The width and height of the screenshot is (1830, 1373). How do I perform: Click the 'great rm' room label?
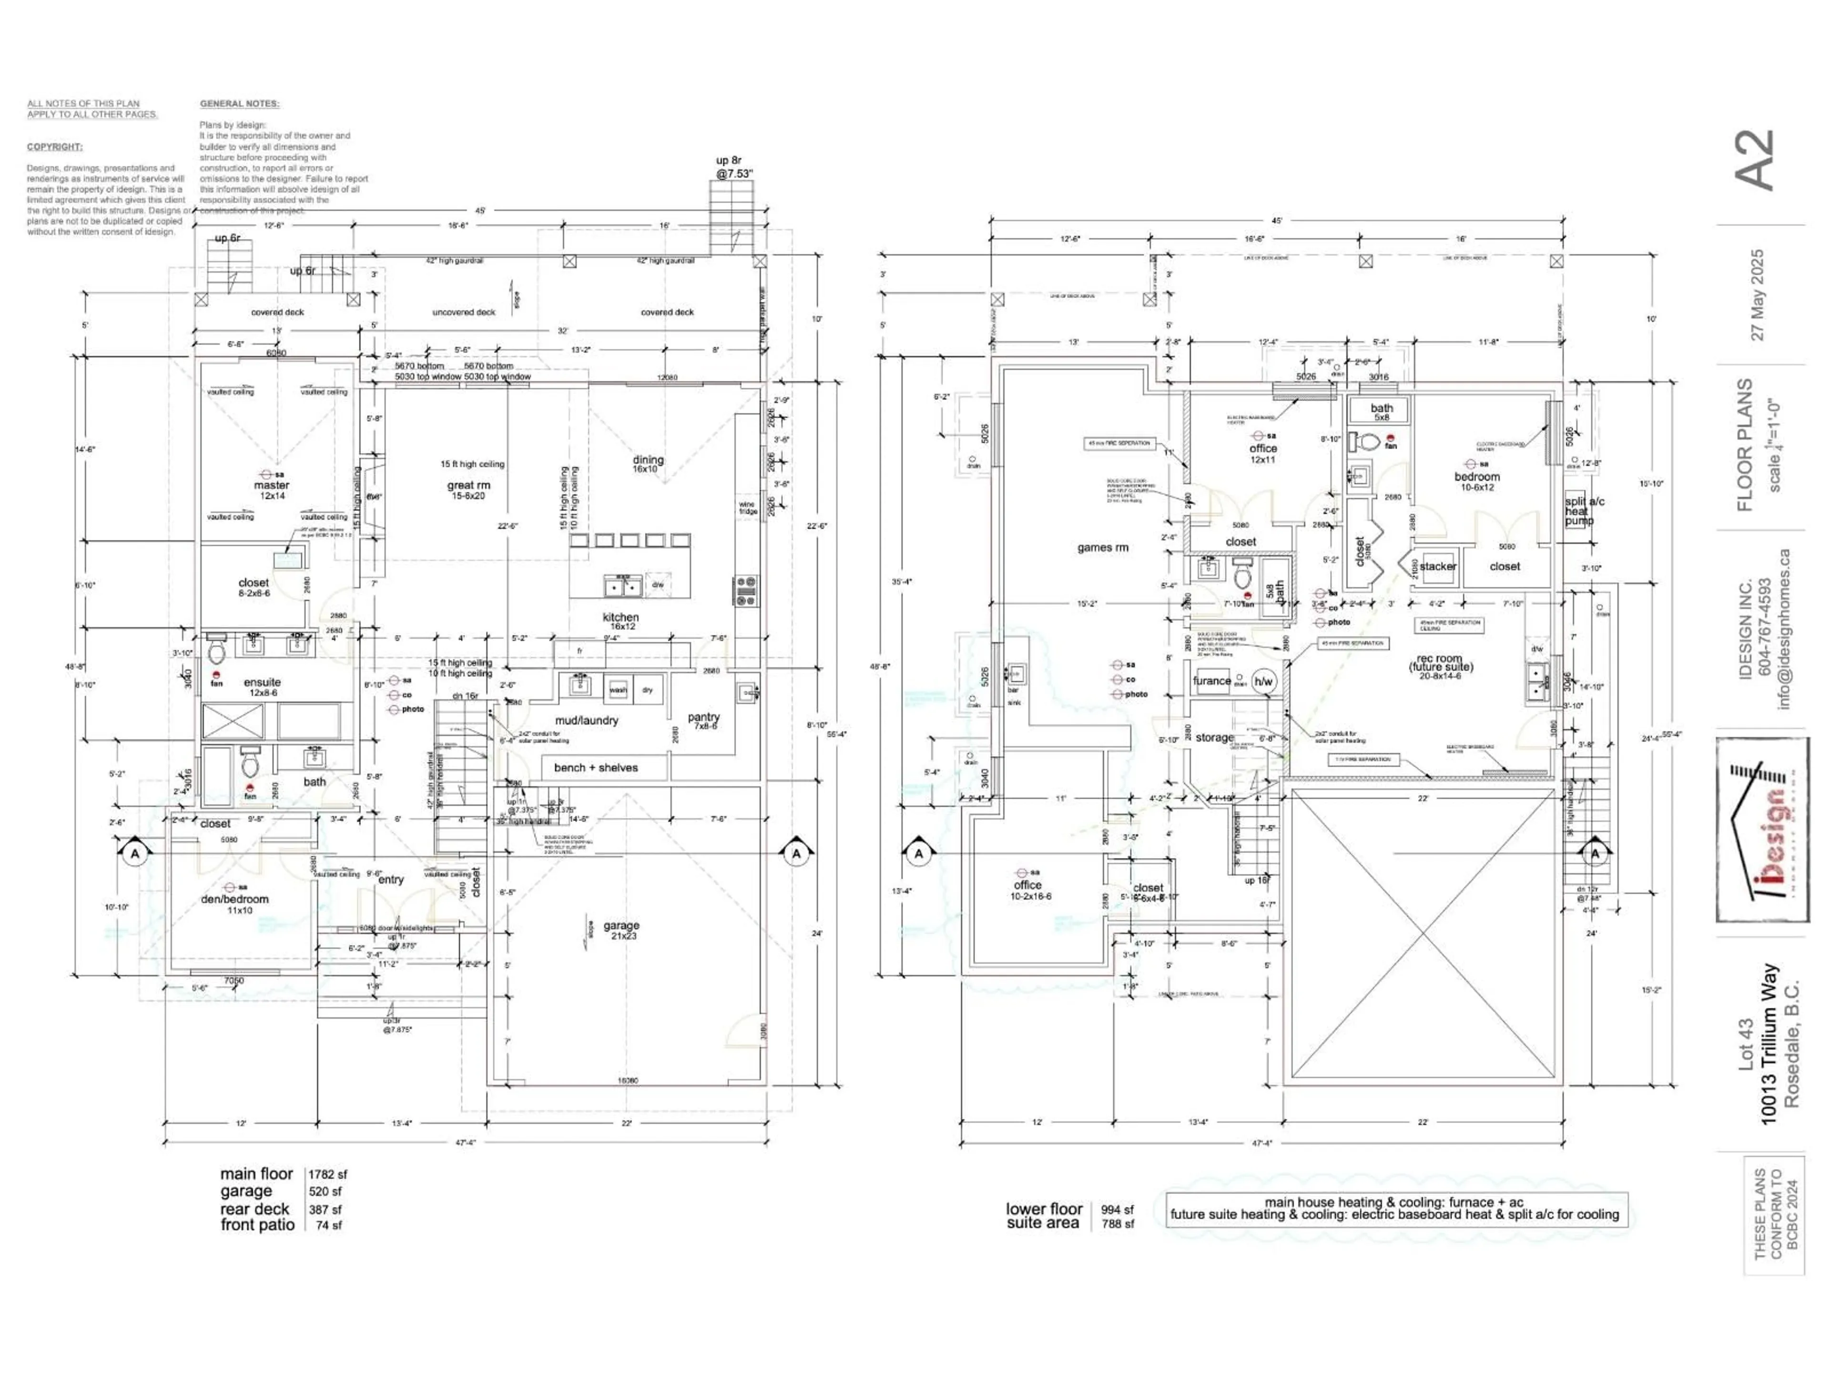coord(468,486)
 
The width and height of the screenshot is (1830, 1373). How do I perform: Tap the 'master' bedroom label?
coord(271,486)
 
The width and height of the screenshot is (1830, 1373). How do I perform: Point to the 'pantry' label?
coord(703,717)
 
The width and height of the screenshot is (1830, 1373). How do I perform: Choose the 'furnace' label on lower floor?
coord(1211,681)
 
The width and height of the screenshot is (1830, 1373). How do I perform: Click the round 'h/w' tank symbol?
coord(1264,682)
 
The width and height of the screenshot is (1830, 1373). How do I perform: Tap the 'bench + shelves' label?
coord(596,768)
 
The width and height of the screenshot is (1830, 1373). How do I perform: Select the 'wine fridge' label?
coord(747,507)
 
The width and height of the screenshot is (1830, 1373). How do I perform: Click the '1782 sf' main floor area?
coord(327,1174)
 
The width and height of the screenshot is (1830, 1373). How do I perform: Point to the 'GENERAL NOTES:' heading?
coord(239,104)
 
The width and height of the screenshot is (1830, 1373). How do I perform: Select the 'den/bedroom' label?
coord(235,900)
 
